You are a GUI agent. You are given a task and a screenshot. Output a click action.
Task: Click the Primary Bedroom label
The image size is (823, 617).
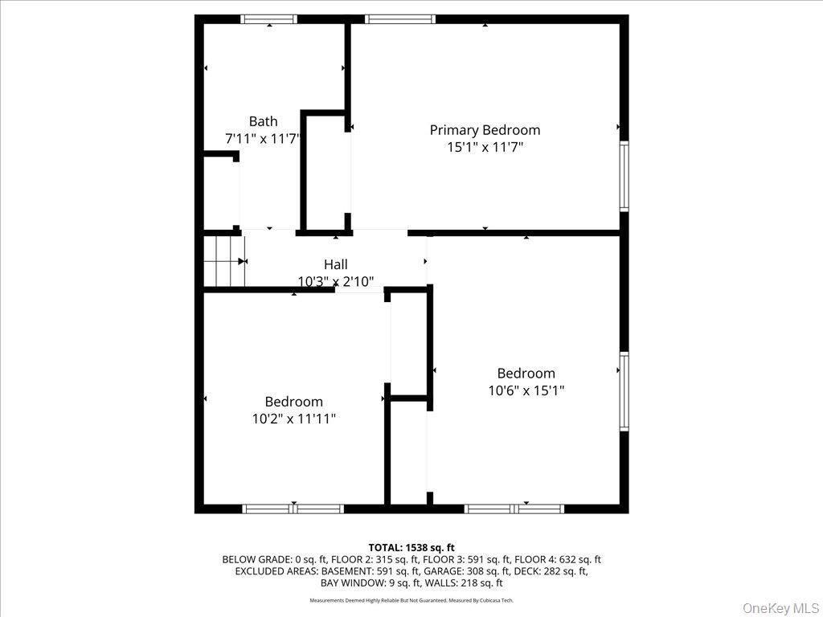485,130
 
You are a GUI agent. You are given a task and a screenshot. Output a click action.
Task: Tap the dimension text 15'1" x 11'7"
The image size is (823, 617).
485,148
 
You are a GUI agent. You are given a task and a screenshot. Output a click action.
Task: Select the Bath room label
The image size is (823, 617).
263,121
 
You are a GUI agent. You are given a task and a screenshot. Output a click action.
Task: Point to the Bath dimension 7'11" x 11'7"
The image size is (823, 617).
263,139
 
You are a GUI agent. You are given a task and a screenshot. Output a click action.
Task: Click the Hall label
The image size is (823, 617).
336,264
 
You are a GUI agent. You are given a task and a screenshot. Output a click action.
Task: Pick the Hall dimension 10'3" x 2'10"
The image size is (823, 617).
336,281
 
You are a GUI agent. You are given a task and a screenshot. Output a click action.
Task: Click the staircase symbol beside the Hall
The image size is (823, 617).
224,261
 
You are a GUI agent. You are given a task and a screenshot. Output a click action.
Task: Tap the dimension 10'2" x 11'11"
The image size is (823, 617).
294,419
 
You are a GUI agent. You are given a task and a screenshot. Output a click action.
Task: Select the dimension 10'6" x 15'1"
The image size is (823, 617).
526,390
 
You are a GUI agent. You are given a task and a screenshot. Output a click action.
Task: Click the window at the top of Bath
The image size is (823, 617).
269,19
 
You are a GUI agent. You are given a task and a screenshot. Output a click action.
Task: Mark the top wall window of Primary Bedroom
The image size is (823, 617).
400,19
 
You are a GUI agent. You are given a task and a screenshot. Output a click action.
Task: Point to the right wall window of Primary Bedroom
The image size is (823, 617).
624,176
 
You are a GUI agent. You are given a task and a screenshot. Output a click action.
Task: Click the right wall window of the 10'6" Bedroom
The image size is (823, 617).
624,392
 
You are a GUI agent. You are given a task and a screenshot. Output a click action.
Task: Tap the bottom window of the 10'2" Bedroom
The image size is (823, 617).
293,509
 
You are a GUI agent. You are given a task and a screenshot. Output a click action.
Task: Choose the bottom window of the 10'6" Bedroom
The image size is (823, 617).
514,509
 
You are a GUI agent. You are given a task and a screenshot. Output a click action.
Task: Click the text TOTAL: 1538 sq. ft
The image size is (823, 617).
411,548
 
